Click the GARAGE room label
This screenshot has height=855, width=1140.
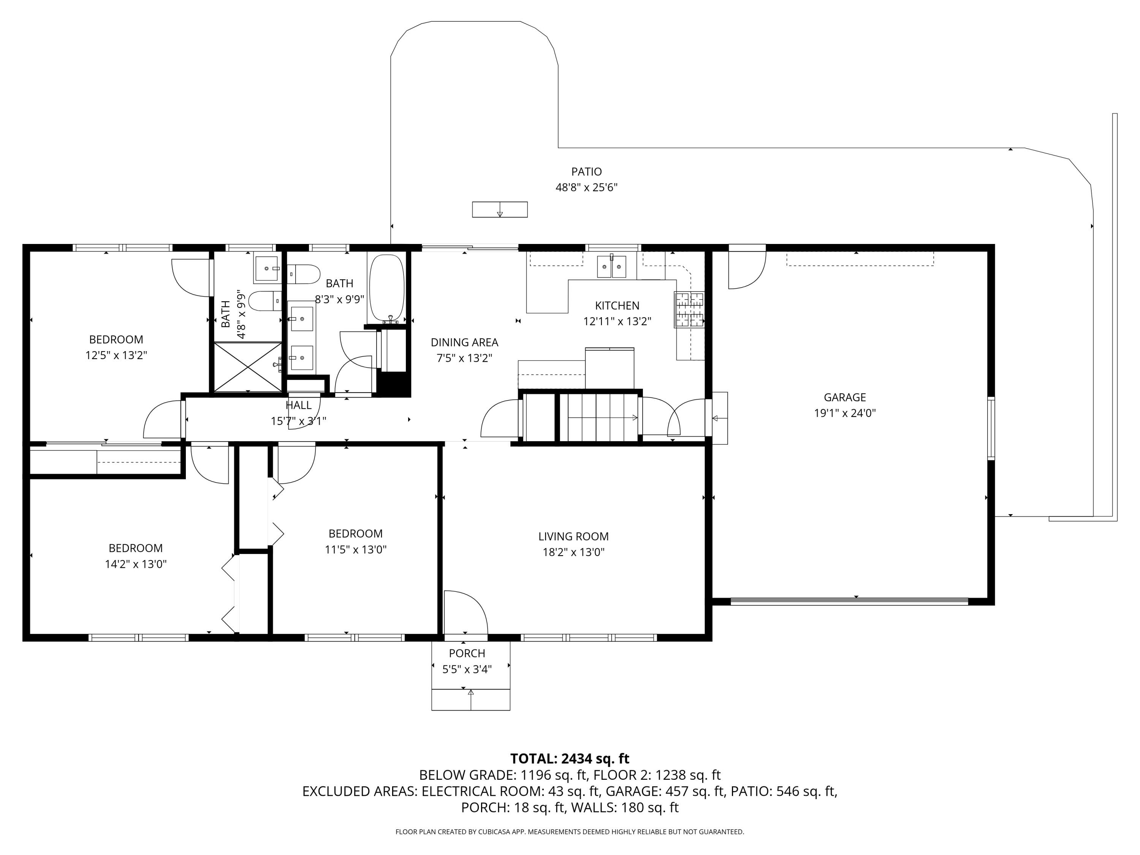(x=845, y=397)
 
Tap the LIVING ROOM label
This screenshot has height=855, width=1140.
(x=573, y=537)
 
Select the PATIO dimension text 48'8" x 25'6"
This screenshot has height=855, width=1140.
(x=586, y=187)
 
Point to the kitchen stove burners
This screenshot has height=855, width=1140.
(x=689, y=309)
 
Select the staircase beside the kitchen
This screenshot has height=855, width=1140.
(x=599, y=418)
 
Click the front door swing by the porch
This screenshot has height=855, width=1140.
(x=465, y=612)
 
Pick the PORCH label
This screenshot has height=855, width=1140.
(x=467, y=654)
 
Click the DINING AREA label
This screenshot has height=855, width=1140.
(x=464, y=342)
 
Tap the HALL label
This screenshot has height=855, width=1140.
(x=298, y=405)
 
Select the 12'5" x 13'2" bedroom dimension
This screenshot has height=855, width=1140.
(x=117, y=355)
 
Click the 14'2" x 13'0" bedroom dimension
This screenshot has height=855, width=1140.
(x=136, y=564)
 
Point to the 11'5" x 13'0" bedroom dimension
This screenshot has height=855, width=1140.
(x=356, y=549)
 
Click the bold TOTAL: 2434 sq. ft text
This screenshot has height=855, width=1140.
(x=570, y=758)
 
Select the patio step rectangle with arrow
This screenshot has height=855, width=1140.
(x=500, y=209)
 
